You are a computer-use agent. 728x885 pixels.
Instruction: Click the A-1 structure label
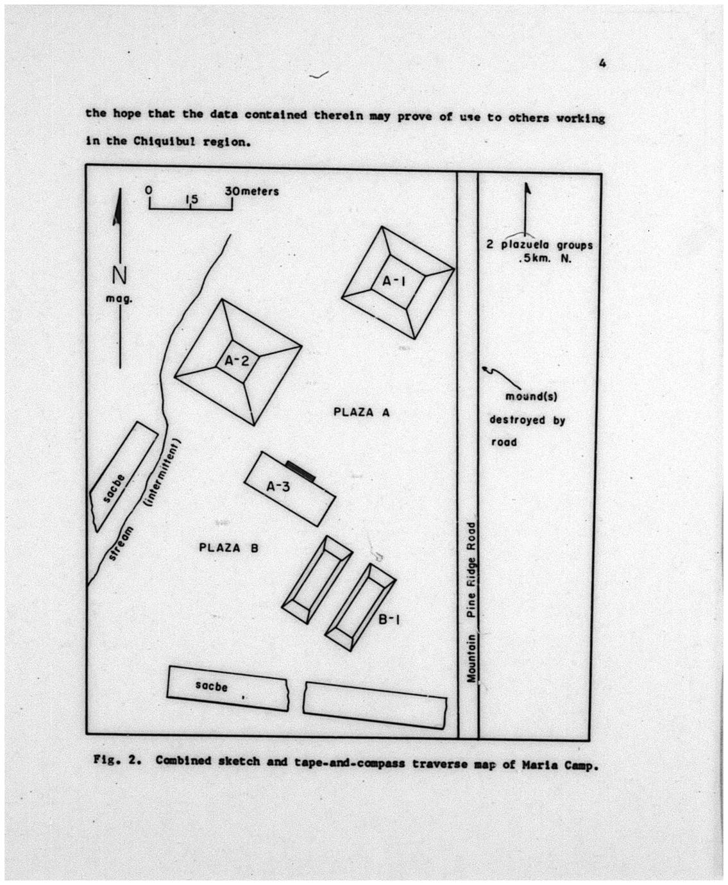pyautogui.click(x=394, y=281)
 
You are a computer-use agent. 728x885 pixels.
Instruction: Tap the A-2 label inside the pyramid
pyautogui.click(x=237, y=360)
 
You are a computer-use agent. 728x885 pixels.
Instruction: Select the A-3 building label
pyautogui.click(x=278, y=486)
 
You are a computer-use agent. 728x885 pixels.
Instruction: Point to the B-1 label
pyautogui.click(x=389, y=619)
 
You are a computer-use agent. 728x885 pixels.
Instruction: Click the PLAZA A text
pyautogui.click(x=362, y=412)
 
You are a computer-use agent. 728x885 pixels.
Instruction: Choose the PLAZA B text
pyautogui.click(x=229, y=548)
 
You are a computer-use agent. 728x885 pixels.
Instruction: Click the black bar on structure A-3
pyautogui.click(x=300, y=471)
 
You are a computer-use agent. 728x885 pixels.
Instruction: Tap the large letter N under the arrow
pyautogui.click(x=119, y=276)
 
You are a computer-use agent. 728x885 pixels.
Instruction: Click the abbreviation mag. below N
pyautogui.click(x=119, y=299)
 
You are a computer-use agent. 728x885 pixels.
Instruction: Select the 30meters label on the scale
pyautogui.click(x=252, y=191)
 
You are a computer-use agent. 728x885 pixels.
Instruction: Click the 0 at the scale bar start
pyautogui.click(x=149, y=190)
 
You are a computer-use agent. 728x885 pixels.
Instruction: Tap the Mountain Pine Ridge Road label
pyautogui.click(x=472, y=602)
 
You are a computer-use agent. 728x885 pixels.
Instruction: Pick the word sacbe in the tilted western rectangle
pyautogui.click(x=114, y=489)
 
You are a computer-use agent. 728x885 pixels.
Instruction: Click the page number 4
pyautogui.click(x=602, y=63)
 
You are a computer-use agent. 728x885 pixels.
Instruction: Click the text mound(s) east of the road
pyautogui.click(x=531, y=396)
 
